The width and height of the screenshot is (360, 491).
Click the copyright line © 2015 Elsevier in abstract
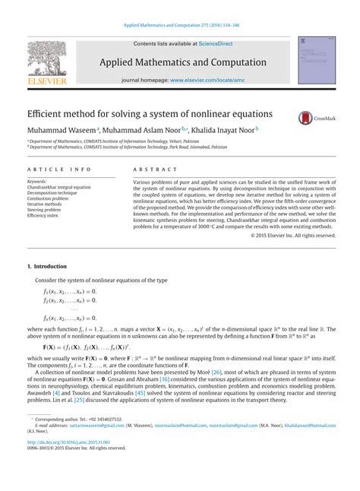(293, 236)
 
